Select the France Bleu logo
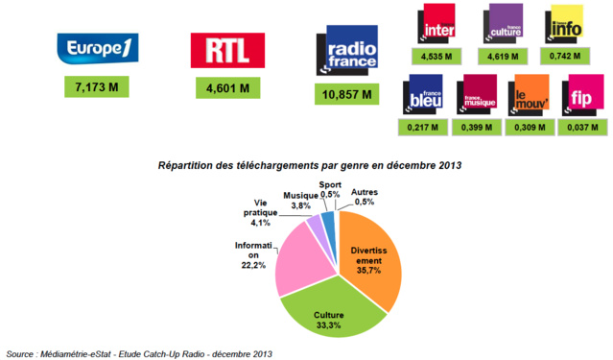click(424, 95)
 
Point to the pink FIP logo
click(583, 95)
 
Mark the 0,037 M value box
click(584, 126)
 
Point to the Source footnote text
click(139, 352)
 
